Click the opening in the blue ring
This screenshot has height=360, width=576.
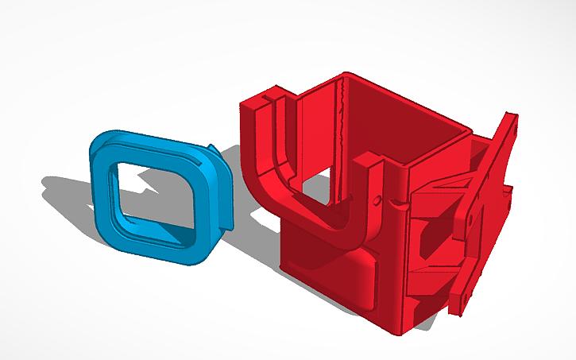155,194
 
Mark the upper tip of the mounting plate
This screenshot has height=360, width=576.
508,119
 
